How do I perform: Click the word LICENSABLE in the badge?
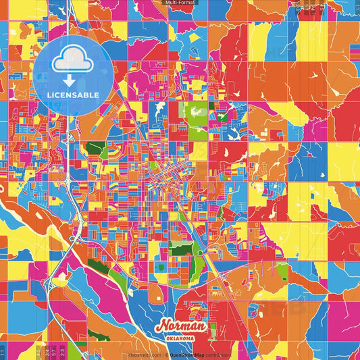coord(73,95)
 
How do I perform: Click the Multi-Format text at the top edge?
coord(180,3)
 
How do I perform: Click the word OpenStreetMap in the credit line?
coord(188,355)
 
